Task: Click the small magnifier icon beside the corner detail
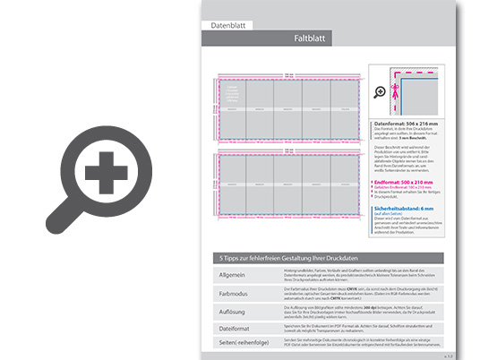pos(379,92)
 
